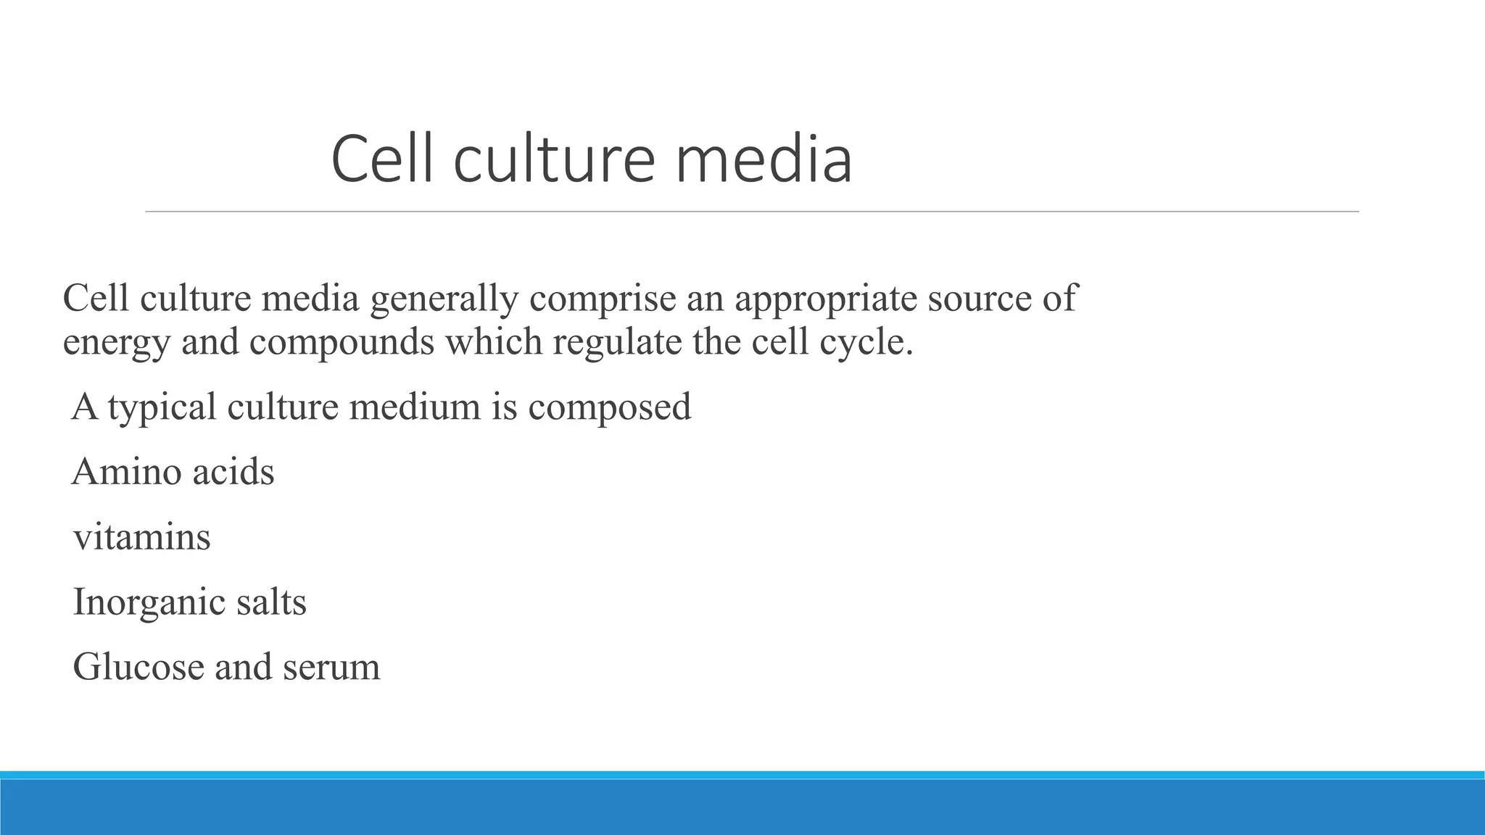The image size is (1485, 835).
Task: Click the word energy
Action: click(116, 342)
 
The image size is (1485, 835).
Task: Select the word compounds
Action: click(342, 342)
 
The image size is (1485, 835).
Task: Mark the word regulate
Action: click(617, 342)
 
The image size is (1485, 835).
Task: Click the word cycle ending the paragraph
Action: click(866, 342)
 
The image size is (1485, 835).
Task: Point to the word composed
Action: click(609, 407)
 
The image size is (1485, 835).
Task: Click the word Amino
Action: click(127, 472)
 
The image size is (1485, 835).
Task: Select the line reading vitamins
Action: click(142, 537)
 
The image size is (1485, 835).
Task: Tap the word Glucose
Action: click(138, 667)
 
